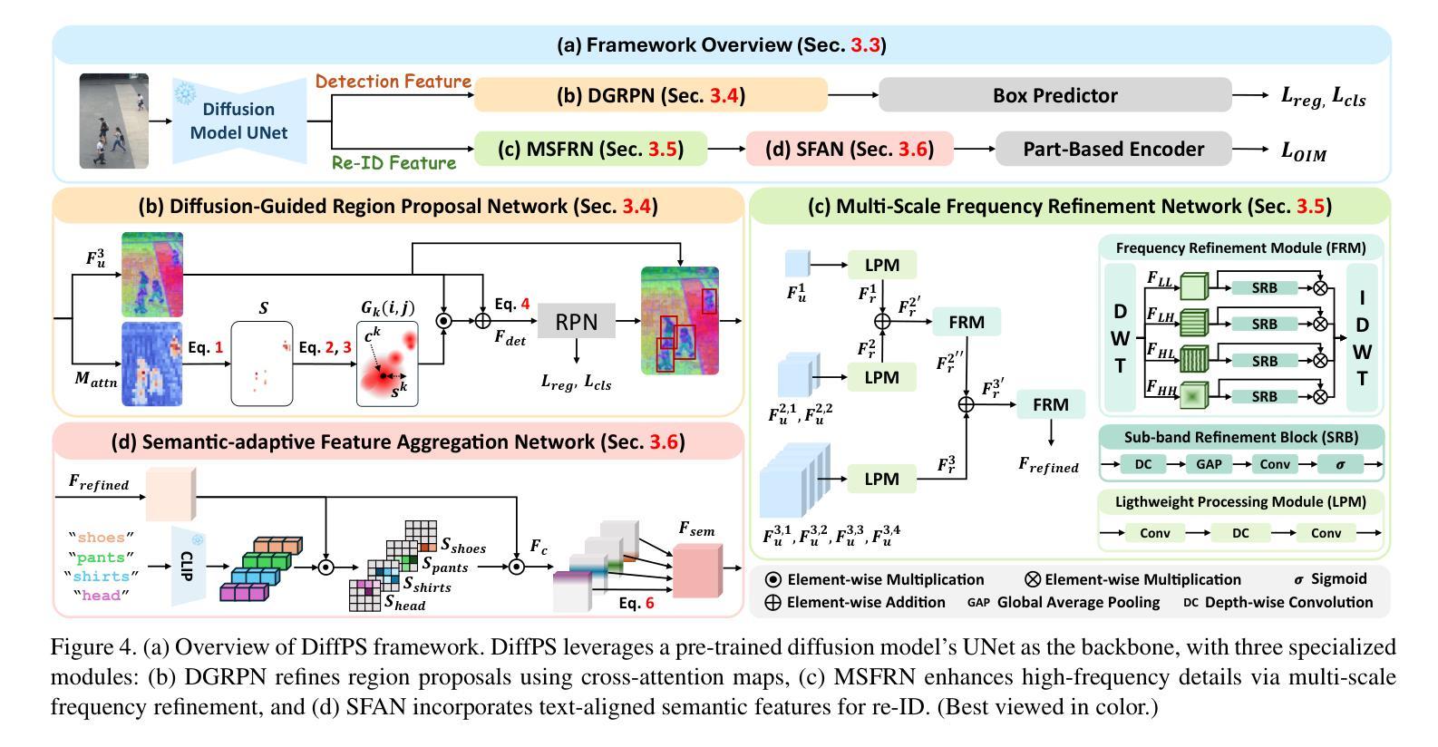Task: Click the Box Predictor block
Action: coord(1054,95)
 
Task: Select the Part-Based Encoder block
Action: coord(1113,149)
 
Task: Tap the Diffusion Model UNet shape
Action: coord(238,121)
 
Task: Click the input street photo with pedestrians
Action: coord(113,121)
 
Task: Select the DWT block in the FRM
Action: coord(1121,338)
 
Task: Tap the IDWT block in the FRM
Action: coord(1362,338)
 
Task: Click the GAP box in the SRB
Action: coord(1209,464)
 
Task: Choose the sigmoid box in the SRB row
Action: coord(1339,464)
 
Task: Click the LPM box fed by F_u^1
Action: coord(881,266)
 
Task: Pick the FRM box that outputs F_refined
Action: coord(1050,404)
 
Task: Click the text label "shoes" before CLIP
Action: coord(101,538)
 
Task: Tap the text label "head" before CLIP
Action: coord(101,596)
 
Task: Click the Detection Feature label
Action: coord(393,82)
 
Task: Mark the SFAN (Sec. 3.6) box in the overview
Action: coord(849,149)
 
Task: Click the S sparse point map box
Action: coord(263,363)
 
